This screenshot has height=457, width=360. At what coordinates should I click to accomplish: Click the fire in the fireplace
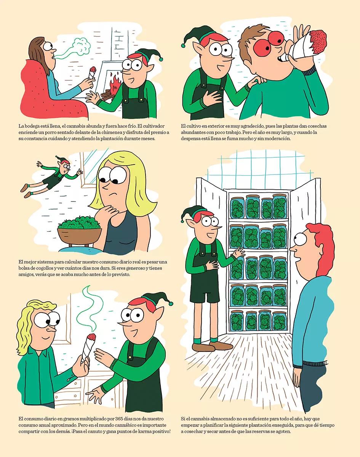click(115, 83)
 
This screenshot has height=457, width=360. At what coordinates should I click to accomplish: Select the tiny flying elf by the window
click(51, 176)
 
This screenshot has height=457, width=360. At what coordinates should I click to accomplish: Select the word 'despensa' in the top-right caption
click(190, 139)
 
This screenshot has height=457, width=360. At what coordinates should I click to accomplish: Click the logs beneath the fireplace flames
click(107, 94)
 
